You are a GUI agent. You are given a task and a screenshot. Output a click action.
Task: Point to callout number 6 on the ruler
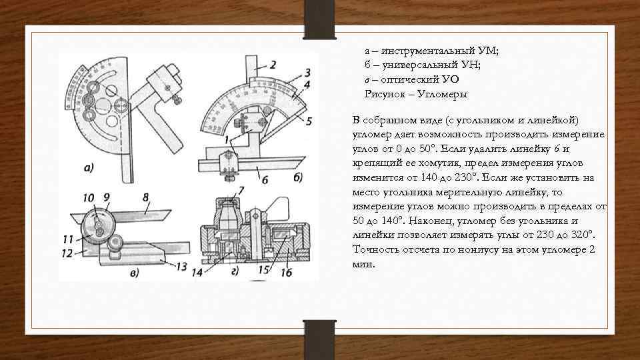265,180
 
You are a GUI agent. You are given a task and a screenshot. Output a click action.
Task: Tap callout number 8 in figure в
145,197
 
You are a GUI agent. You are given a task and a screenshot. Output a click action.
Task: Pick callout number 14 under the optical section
198,272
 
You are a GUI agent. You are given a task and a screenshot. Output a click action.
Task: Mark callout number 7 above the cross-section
241,191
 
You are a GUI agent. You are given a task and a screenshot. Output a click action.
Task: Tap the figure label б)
297,177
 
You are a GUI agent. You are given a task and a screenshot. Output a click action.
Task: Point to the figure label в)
135,272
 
